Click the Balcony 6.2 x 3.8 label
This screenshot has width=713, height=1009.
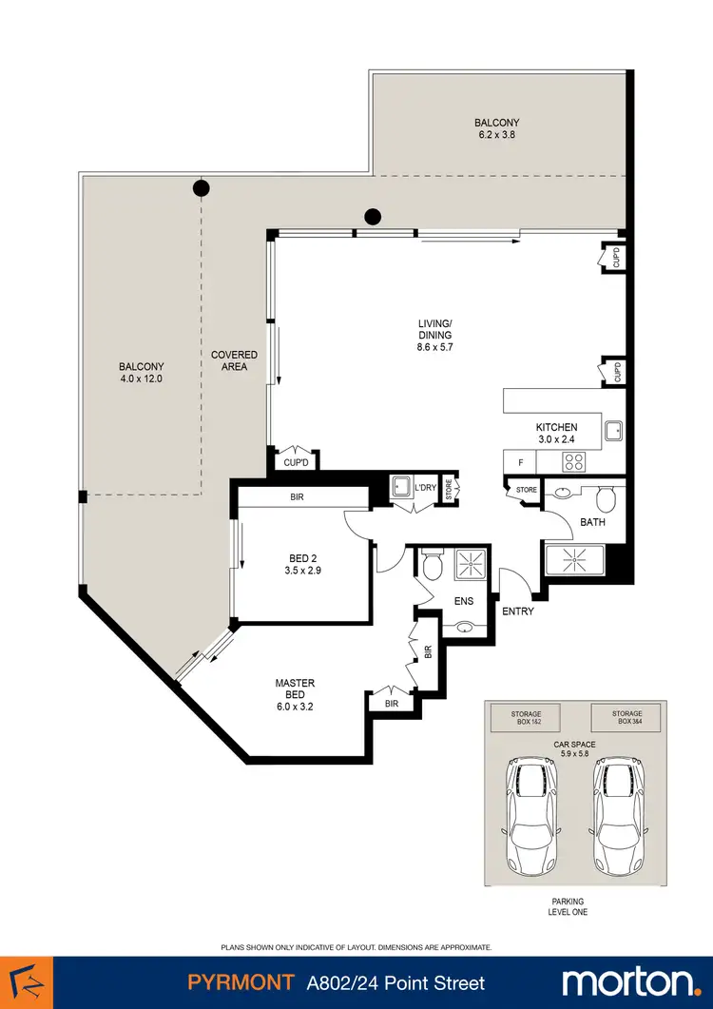(x=497, y=128)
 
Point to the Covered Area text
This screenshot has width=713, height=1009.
(x=234, y=361)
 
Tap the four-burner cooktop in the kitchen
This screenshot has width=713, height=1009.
(x=575, y=462)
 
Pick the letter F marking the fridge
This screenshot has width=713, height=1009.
(x=519, y=463)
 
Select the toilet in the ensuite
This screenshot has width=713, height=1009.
(x=434, y=565)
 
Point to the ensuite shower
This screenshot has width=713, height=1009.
(x=472, y=565)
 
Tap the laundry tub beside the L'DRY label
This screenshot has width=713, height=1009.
(x=399, y=488)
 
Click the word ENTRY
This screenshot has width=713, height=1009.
(x=517, y=611)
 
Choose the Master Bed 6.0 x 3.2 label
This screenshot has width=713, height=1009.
(x=295, y=695)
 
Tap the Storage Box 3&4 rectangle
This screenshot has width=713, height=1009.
(x=626, y=718)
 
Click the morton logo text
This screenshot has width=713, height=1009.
(x=628, y=981)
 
